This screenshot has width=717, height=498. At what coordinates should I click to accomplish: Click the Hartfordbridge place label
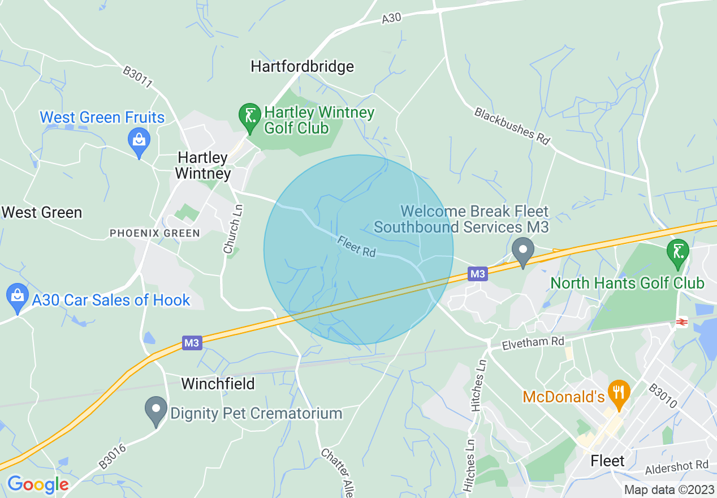303,66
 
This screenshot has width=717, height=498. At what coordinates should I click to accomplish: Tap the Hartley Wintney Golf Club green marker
249,116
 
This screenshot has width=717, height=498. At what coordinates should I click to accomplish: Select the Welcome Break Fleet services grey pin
523,251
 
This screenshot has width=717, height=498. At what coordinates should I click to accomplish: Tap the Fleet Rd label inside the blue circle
356,246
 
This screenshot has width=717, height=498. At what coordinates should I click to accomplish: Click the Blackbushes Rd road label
512,126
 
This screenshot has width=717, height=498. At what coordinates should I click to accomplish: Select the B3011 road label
139,78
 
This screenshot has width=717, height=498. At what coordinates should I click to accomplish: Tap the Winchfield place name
218,384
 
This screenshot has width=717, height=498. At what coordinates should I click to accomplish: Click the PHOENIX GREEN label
154,233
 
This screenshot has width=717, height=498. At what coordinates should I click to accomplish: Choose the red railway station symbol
681,322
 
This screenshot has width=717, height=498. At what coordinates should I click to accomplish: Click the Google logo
38,484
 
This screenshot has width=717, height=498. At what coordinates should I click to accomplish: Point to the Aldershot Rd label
677,466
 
